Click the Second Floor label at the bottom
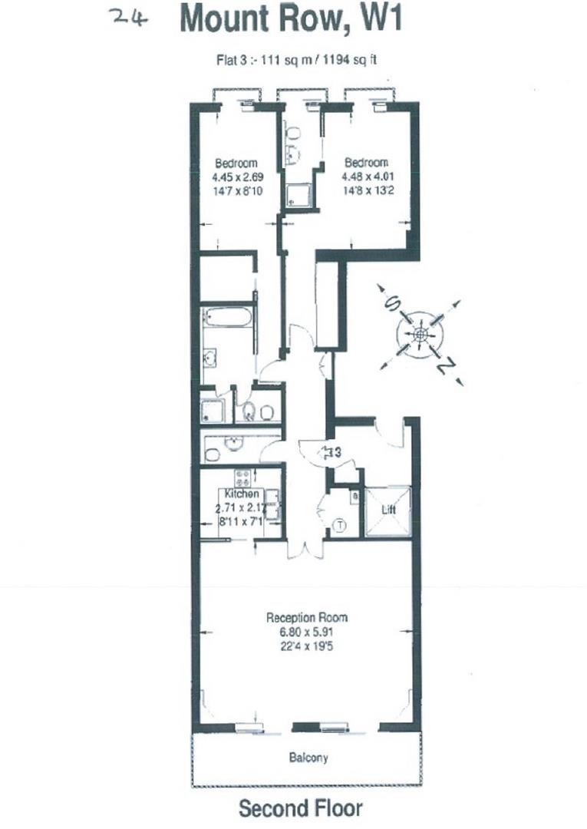tap(300, 808)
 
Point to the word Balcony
tap(308, 758)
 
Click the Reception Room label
tap(307, 617)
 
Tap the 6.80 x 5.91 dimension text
tap(307, 632)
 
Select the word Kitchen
tap(241, 494)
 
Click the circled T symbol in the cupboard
tap(341, 526)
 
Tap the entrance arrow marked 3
tap(331, 453)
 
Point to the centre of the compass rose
tap(420, 335)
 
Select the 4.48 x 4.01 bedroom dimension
tap(366, 177)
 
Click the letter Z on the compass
tap(444, 368)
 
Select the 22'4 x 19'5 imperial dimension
tap(307, 647)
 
